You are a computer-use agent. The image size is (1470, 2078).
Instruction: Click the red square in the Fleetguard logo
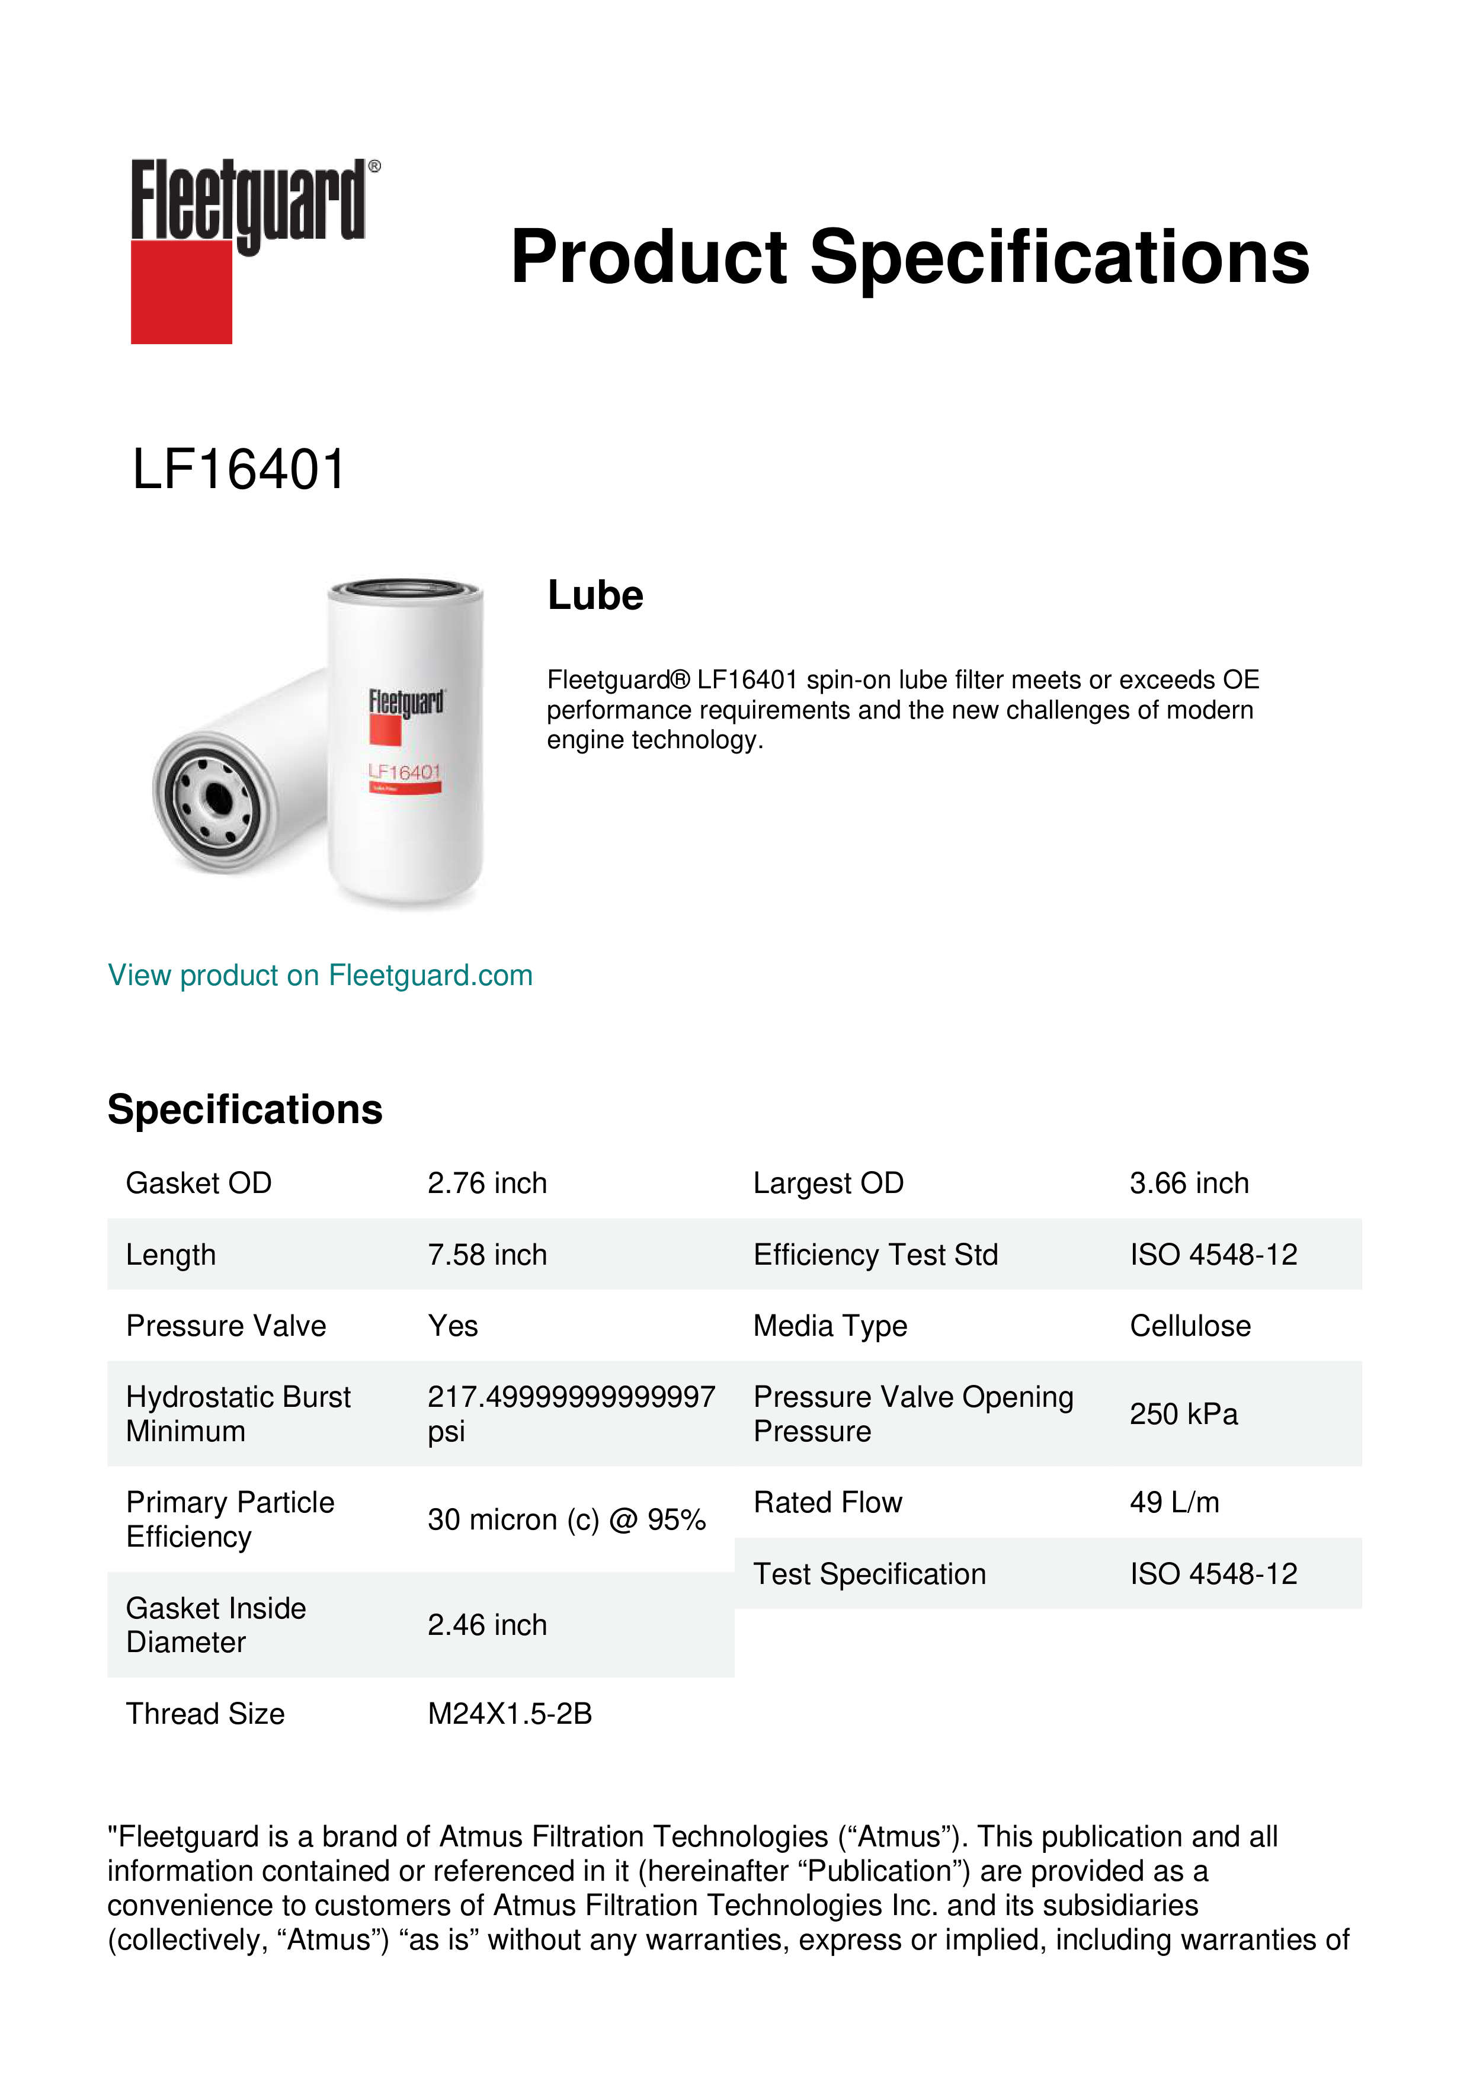point(181,291)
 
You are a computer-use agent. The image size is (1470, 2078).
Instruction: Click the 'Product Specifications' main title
point(909,257)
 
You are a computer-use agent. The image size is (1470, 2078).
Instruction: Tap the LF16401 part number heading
point(239,470)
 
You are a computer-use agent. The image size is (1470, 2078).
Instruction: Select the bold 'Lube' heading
point(595,595)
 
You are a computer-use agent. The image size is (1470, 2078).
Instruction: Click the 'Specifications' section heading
point(244,1109)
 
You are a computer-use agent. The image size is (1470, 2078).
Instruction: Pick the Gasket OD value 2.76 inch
point(487,1183)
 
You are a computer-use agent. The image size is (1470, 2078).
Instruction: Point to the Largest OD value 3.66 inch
point(1189,1183)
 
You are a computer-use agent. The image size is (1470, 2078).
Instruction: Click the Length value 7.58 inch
point(487,1255)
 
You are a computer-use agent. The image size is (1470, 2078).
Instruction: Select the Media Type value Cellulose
point(1189,1326)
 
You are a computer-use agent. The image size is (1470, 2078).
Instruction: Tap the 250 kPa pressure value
point(1183,1414)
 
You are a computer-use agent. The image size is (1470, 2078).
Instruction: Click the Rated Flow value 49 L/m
point(1174,1502)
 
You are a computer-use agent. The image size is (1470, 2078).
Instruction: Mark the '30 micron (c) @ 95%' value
point(566,1519)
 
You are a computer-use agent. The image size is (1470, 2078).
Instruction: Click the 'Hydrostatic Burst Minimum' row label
point(238,1414)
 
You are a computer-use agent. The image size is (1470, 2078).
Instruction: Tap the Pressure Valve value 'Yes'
point(453,1326)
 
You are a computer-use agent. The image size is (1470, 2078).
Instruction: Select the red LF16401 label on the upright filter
point(403,772)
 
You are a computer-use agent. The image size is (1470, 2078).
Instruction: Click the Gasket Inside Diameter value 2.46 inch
point(487,1625)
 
